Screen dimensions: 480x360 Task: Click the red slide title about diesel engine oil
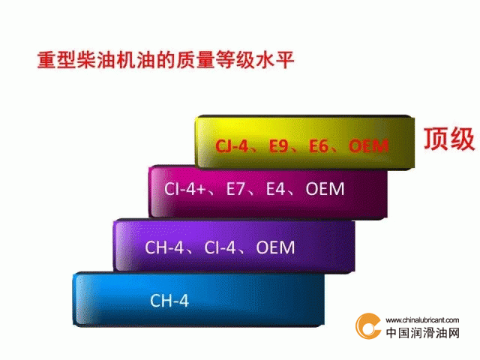[166, 60]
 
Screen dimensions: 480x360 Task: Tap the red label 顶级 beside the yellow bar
[449, 139]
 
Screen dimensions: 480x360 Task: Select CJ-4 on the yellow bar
[232, 145]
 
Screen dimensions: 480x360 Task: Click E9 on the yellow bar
[278, 145]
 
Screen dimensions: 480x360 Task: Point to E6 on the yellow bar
[318, 145]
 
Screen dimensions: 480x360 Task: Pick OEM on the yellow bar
[368, 145]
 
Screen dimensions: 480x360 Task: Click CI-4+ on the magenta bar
[185, 188]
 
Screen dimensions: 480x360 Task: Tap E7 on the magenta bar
[235, 188]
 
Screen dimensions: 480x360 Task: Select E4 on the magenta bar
[275, 188]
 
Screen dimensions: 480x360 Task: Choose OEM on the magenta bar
[325, 188]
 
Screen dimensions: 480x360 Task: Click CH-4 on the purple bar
[164, 247]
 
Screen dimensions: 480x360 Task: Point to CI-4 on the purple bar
[220, 247]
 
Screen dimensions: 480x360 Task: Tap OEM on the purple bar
[275, 247]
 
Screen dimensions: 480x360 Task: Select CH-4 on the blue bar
[169, 300]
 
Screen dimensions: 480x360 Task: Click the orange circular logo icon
[368, 326]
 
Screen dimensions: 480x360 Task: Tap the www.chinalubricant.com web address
[422, 320]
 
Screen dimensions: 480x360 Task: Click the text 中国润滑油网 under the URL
[423, 333]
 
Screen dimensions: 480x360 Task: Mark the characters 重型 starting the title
[56, 60]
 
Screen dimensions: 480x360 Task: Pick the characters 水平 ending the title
[275, 60]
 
